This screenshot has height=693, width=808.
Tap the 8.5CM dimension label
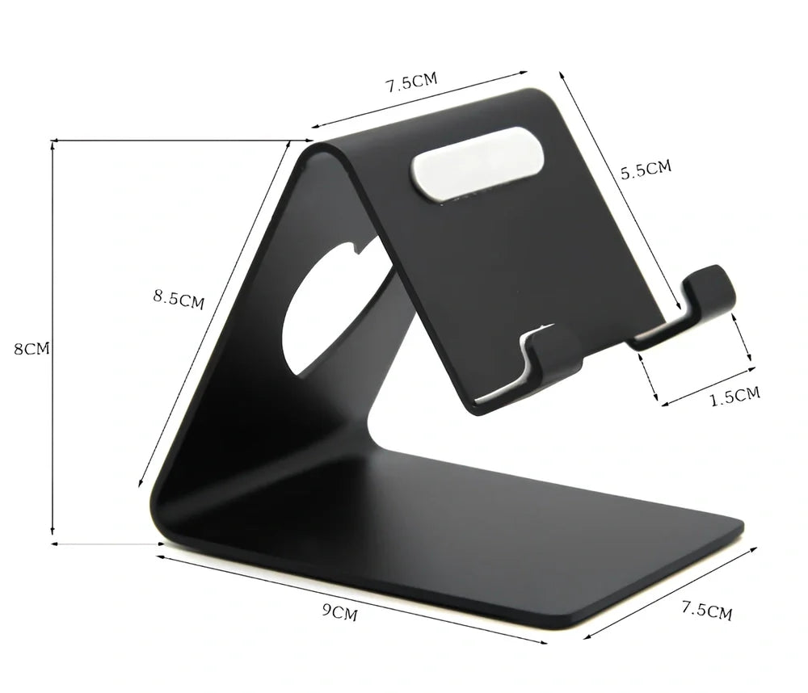179,298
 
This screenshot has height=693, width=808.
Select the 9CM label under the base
344,613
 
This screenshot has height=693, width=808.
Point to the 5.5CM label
646,170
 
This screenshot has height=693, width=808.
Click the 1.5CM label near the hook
734,396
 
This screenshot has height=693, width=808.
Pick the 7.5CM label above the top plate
411,82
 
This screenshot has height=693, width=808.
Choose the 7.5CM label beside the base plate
706,611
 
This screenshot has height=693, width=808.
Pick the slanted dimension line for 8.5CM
214,315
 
